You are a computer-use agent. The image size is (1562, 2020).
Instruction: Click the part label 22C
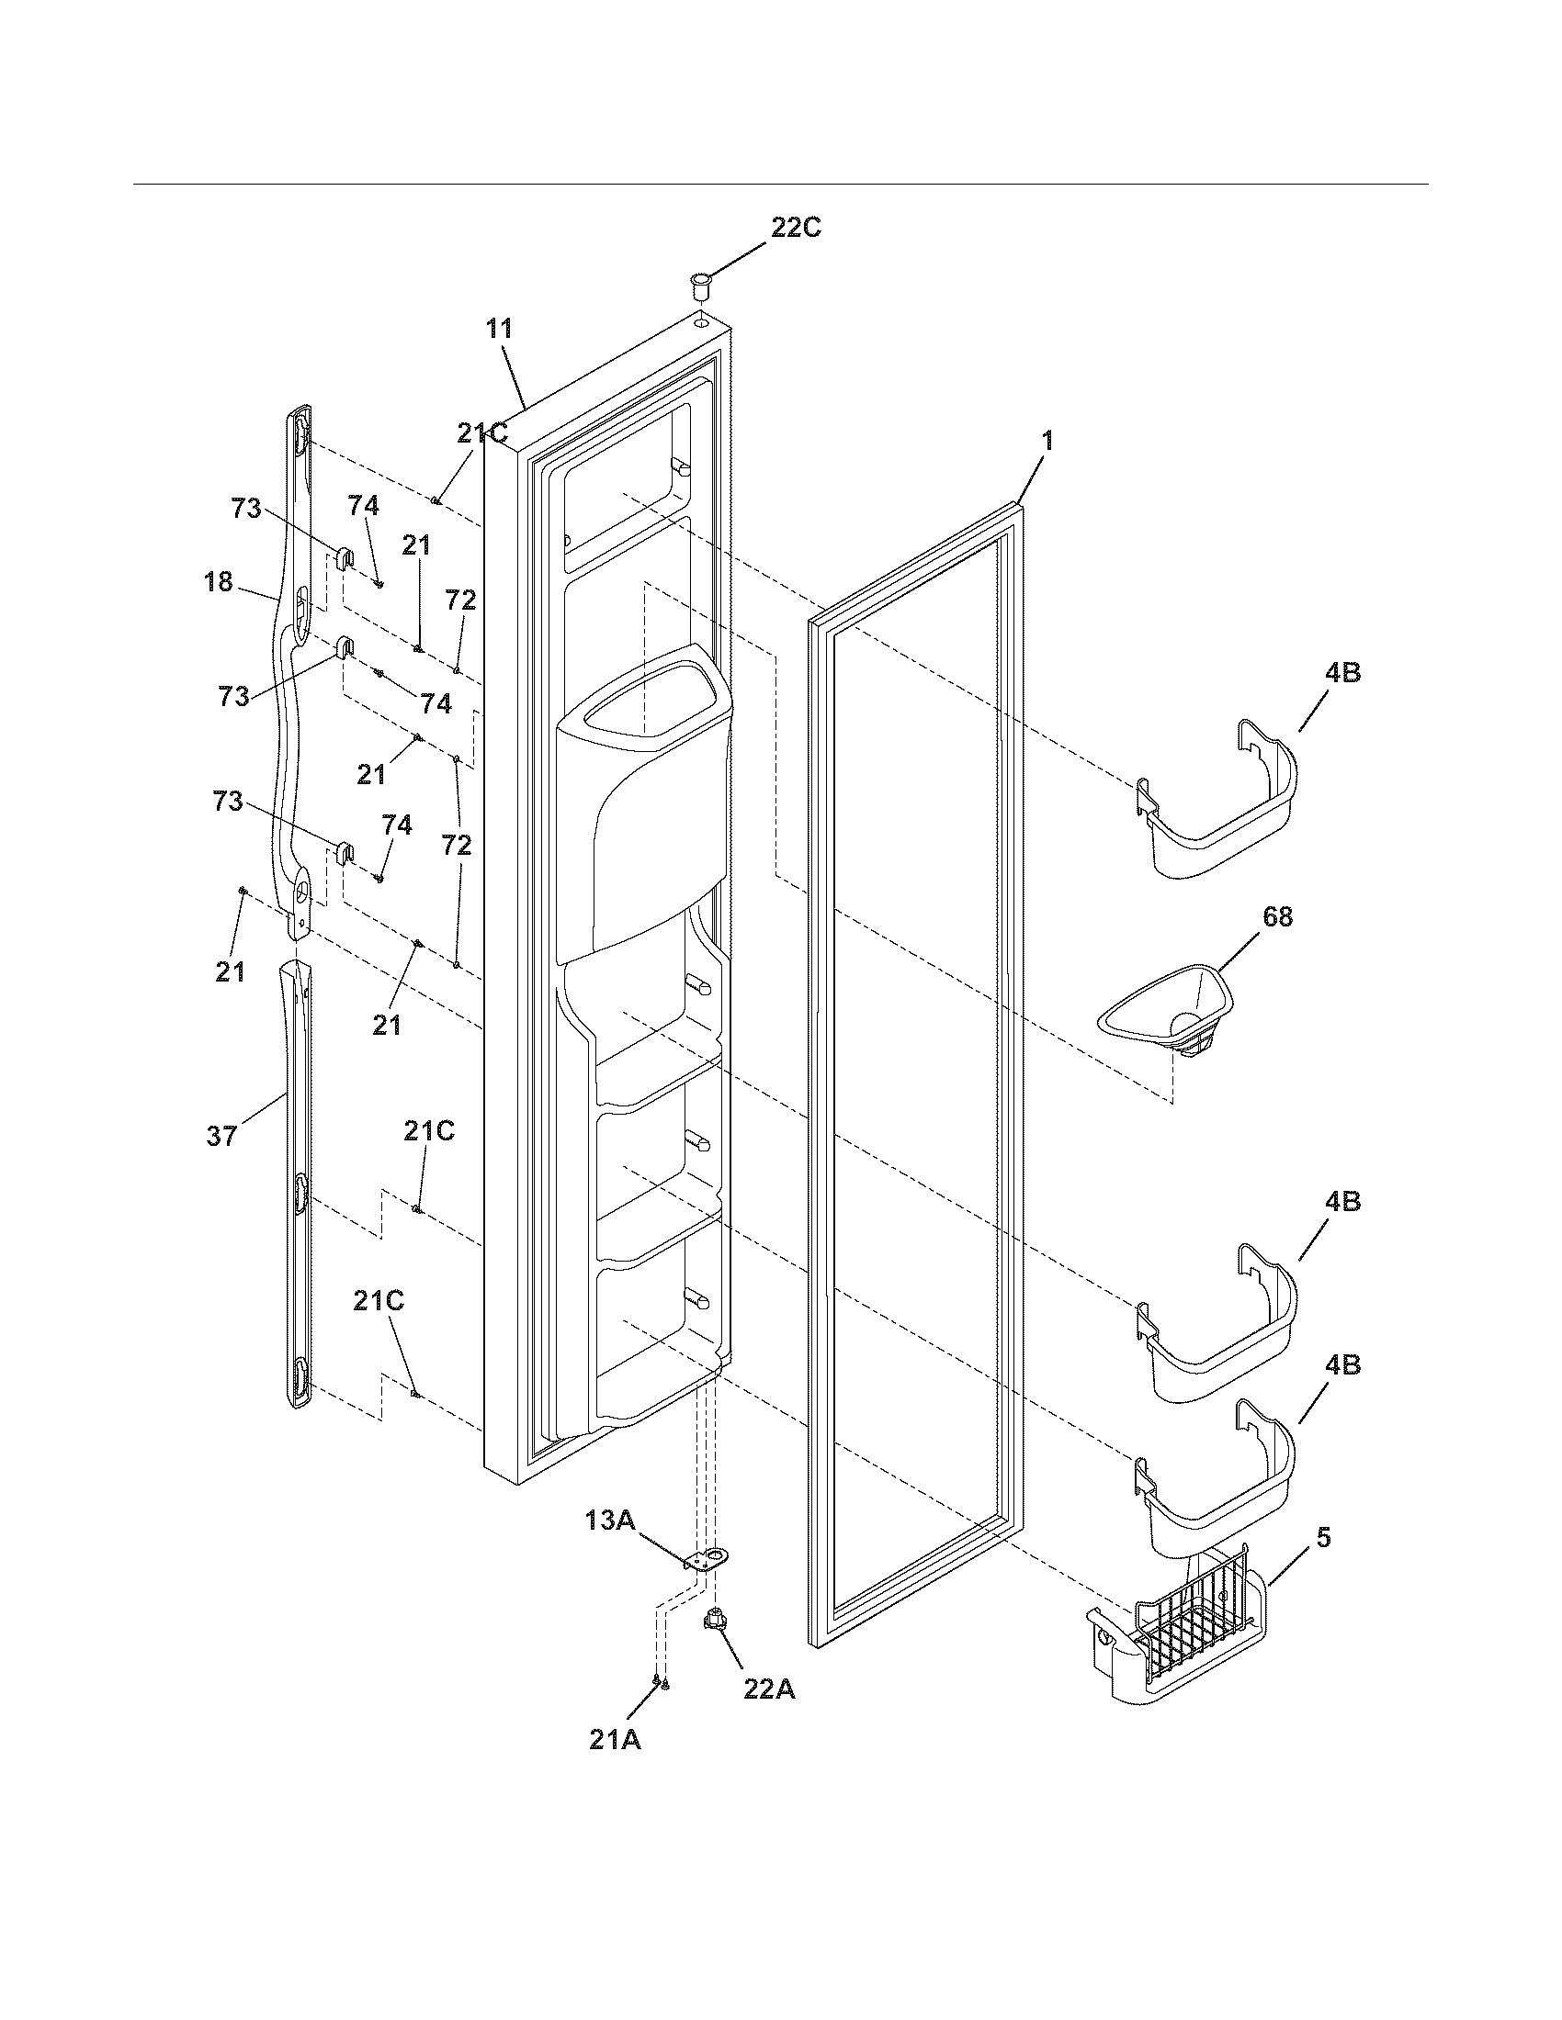pos(796,228)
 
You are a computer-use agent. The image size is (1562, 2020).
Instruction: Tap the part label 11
pos(499,329)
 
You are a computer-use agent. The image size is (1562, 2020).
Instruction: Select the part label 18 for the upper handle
pos(218,583)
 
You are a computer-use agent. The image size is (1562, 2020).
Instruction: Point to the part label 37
pos(222,1135)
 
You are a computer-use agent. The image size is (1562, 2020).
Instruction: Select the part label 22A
pos(769,1688)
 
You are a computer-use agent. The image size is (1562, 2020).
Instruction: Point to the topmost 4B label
pos(1342,673)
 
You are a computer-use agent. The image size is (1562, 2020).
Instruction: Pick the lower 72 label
pos(458,845)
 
